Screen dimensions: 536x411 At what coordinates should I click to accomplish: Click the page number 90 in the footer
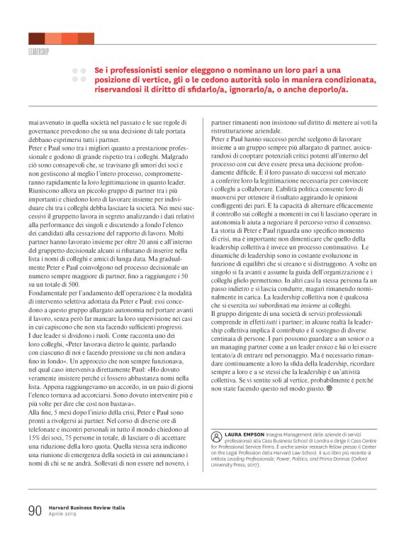35,510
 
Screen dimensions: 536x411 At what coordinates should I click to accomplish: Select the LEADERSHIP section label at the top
38,52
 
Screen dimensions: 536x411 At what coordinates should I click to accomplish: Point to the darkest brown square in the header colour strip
36,38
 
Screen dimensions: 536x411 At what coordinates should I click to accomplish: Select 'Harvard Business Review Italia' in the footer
86,508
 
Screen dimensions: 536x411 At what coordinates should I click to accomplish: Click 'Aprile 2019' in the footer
62,514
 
